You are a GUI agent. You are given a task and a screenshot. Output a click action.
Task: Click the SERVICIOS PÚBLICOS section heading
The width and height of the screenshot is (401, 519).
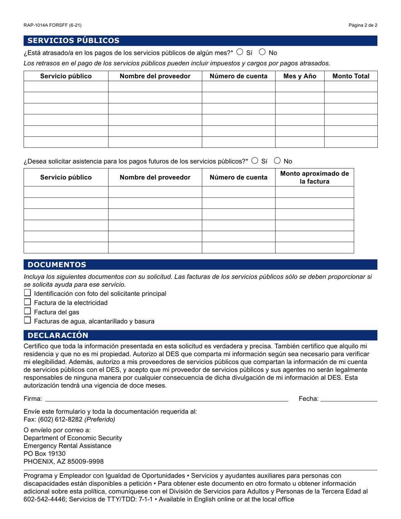(x=73, y=41)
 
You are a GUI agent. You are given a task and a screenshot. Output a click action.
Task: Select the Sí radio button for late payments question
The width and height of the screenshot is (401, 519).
(x=240, y=52)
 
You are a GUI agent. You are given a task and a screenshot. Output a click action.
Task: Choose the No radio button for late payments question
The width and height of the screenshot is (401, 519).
(x=262, y=52)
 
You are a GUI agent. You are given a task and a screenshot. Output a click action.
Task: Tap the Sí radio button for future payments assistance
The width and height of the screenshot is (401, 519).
(x=255, y=160)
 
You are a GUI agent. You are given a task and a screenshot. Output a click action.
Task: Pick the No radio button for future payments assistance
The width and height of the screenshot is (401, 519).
(x=277, y=160)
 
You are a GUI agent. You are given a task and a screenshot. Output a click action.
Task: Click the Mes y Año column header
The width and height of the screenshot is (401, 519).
(x=300, y=76)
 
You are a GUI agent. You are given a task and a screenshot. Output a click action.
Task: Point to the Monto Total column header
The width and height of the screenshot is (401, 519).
(x=351, y=76)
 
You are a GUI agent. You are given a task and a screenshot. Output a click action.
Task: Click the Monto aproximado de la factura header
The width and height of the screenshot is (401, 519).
(x=314, y=178)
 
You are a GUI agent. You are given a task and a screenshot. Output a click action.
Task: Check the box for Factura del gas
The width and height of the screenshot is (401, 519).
(x=27, y=311)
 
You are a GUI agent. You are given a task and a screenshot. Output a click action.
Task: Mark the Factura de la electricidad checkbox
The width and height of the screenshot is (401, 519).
(x=27, y=302)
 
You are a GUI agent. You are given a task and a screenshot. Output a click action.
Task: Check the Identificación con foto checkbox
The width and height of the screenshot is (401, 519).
(x=27, y=293)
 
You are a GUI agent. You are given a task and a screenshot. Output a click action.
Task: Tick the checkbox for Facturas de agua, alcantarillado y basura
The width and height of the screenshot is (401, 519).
(x=27, y=321)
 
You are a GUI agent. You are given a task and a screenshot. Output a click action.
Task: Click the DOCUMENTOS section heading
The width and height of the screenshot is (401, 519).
(x=57, y=265)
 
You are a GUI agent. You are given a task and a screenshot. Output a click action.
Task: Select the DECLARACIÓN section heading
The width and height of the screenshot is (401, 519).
(x=58, y=335)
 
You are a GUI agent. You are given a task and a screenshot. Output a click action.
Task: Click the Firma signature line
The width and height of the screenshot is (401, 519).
(x=166, y=398)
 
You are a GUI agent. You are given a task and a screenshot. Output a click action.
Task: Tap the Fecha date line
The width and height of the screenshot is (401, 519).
(x=349, y=398)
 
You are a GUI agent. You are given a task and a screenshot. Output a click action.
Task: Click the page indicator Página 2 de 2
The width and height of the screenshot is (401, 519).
(x=363, y=25)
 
